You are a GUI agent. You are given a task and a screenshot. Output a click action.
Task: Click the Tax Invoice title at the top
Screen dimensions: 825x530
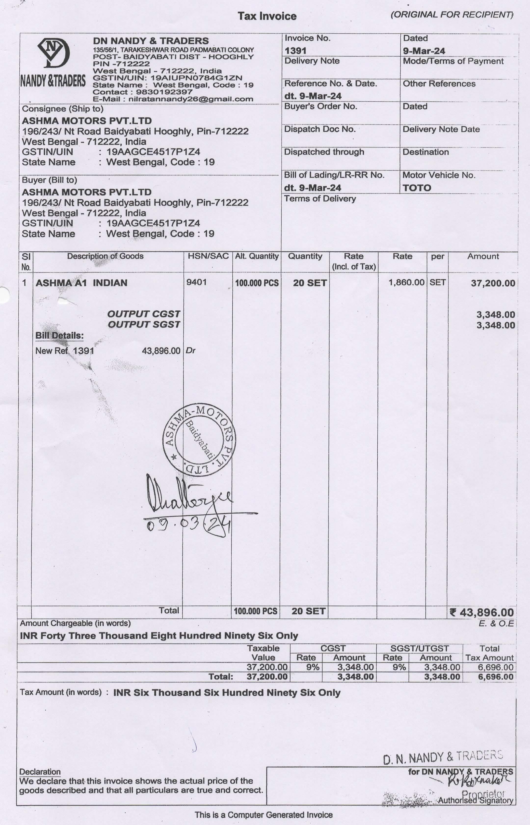click(267, 16)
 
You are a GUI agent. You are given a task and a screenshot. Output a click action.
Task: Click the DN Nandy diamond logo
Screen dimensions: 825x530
click(53, 53)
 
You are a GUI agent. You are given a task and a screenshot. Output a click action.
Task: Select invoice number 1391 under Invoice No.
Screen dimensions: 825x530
click(295, 51)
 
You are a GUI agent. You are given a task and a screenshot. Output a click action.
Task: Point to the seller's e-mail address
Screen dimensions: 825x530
click(191, 99)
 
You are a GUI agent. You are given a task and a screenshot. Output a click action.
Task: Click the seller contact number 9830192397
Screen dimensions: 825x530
click(164, 92)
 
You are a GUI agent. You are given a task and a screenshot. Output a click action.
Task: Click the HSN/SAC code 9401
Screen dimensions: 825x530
click(197, 282)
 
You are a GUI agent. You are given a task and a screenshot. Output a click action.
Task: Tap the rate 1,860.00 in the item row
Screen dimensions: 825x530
click(406, 282)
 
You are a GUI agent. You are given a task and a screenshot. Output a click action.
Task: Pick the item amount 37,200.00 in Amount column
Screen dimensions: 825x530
click(493, 283)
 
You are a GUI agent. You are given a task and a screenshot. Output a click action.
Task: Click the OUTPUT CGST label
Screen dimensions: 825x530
click(144, 314)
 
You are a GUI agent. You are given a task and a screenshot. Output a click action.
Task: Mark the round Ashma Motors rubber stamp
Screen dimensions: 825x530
click(199, 440)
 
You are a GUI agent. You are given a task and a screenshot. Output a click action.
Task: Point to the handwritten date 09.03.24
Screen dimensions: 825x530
click(187, 525)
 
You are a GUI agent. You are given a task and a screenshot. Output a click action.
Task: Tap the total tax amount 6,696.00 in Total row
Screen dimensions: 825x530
click(496, 677)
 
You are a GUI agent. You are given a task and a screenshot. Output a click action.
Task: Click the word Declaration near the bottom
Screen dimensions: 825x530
click(40, 772)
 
